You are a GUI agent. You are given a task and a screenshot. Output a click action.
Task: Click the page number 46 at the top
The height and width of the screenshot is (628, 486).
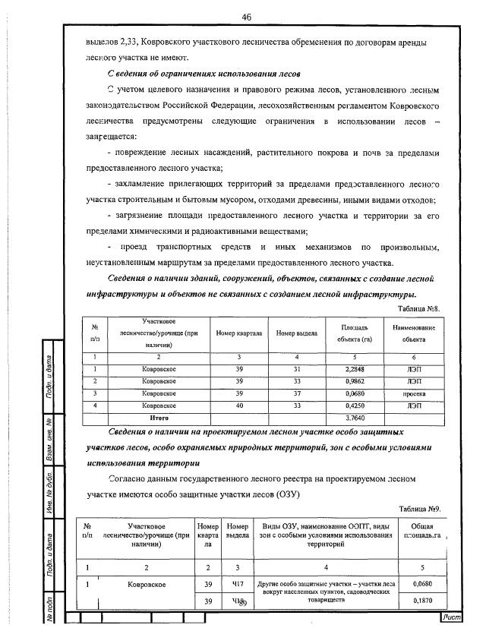247,17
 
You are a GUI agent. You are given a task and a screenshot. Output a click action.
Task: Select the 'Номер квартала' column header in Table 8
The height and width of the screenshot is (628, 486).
239,333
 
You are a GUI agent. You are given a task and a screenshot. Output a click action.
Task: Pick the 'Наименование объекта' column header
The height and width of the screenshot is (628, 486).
414,333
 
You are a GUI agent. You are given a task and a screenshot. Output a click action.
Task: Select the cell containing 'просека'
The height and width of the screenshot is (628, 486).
414,394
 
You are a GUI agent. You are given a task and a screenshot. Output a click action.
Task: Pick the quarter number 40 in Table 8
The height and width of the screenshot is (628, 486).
239,406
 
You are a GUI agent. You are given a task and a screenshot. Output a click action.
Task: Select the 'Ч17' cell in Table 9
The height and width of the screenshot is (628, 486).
237,583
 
